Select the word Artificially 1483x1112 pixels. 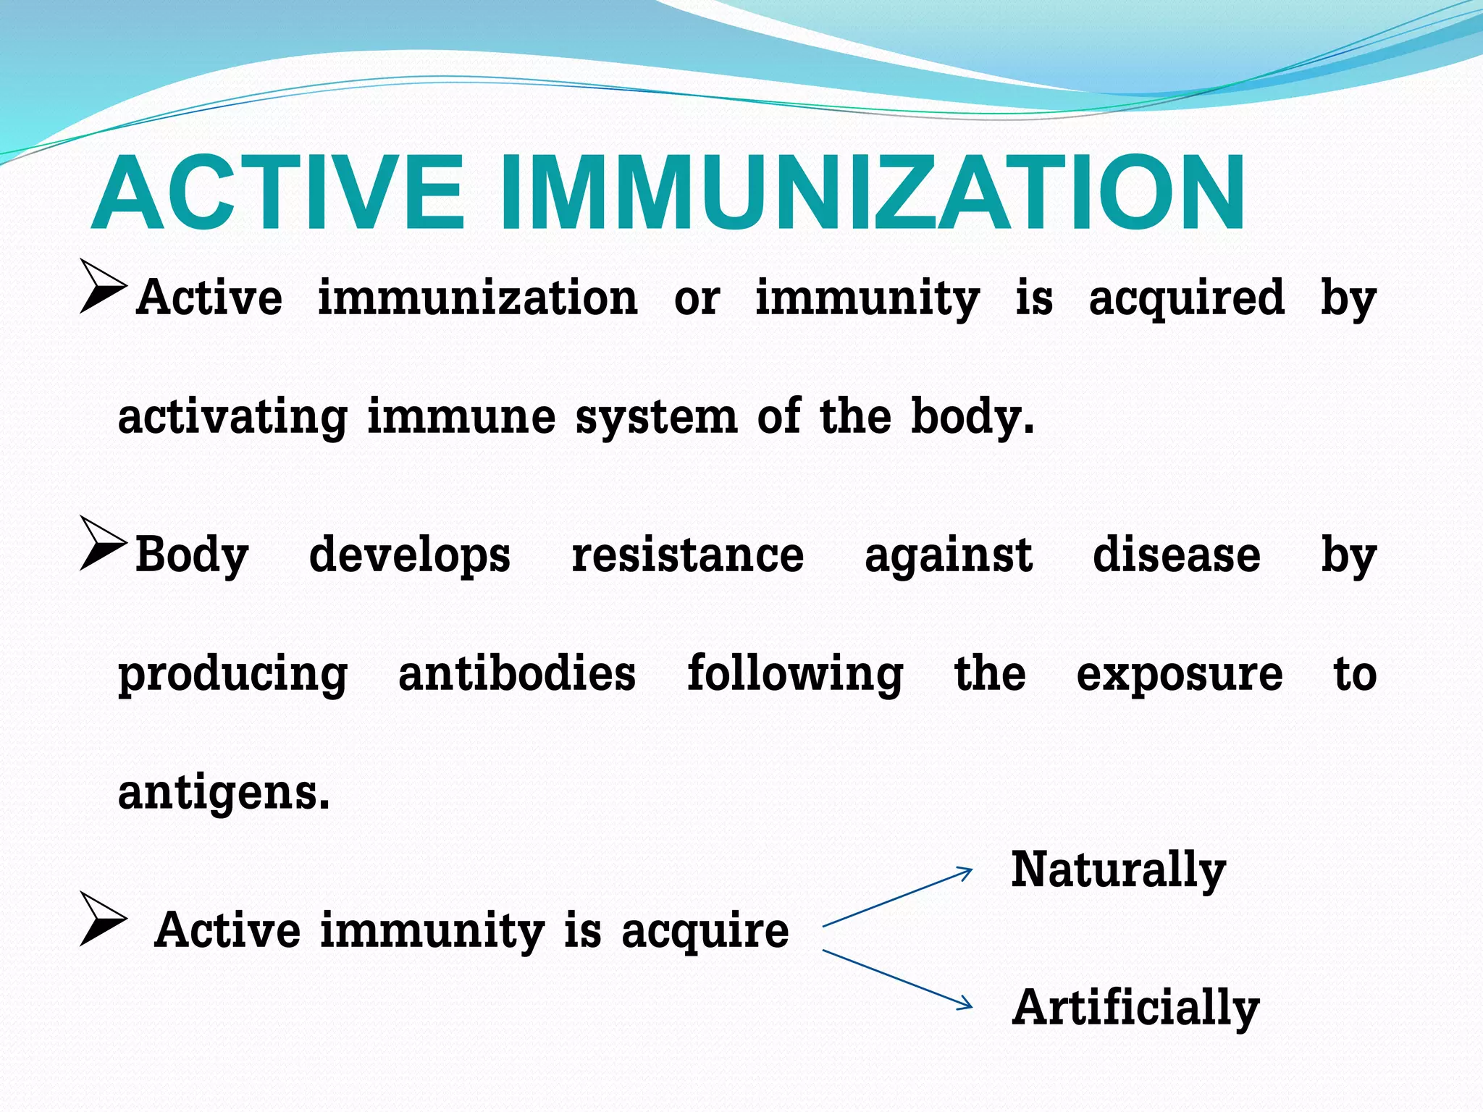click(x=1135, y=1008)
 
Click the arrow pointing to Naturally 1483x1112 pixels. click(x=898, y=897)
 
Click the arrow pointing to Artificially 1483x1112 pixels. click(x=898, y=979)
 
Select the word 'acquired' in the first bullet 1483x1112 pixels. click(x=1186, y=298)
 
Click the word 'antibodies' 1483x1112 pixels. click(x=517, y=673)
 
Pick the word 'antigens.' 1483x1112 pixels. click(x=224, y=792)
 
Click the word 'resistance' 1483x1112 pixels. click(x=687, y=555)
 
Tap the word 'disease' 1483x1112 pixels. click(x=1176, y=555)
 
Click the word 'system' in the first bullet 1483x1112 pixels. click(x=656, y=418)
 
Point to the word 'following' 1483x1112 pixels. click(x=794, y=673)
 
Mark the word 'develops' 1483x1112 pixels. click(x=409, y=556)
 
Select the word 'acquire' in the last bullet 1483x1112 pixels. click(x=705, y=932)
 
